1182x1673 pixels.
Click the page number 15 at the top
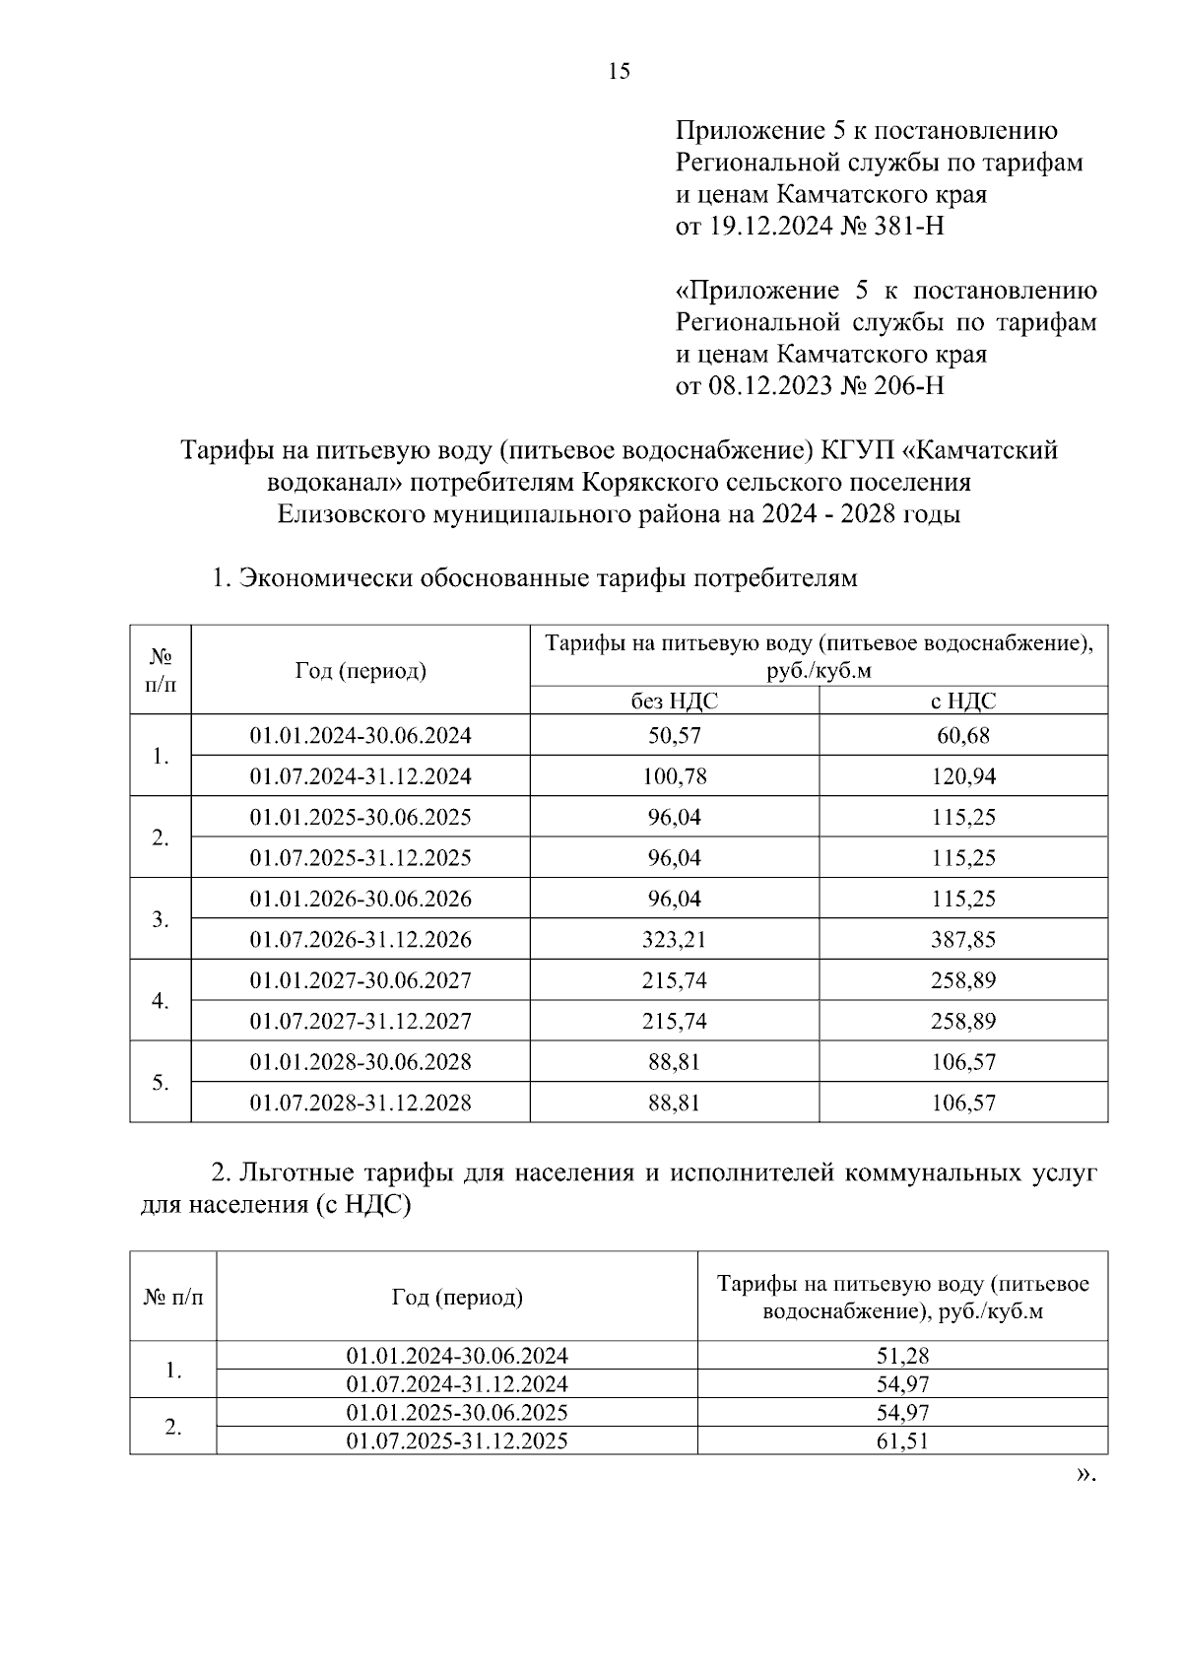pos(620,71)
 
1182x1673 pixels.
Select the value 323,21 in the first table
pos(674,940)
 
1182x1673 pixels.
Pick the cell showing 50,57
pos(674,735)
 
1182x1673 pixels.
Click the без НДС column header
pos(674,701)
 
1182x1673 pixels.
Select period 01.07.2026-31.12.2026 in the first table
pos(360,940)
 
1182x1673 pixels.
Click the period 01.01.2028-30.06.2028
pos(360,1062)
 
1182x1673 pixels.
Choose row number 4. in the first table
pos(161,1001)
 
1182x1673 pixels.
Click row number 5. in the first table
pos(161,1083)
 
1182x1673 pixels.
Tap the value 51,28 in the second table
pos(902,1356)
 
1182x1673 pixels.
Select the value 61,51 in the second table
pos(902,1441)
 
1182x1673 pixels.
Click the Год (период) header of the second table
pos(457,1297)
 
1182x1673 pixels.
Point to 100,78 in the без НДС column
pos(674,776)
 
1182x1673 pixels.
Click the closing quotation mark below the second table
pos(1085,1475)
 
